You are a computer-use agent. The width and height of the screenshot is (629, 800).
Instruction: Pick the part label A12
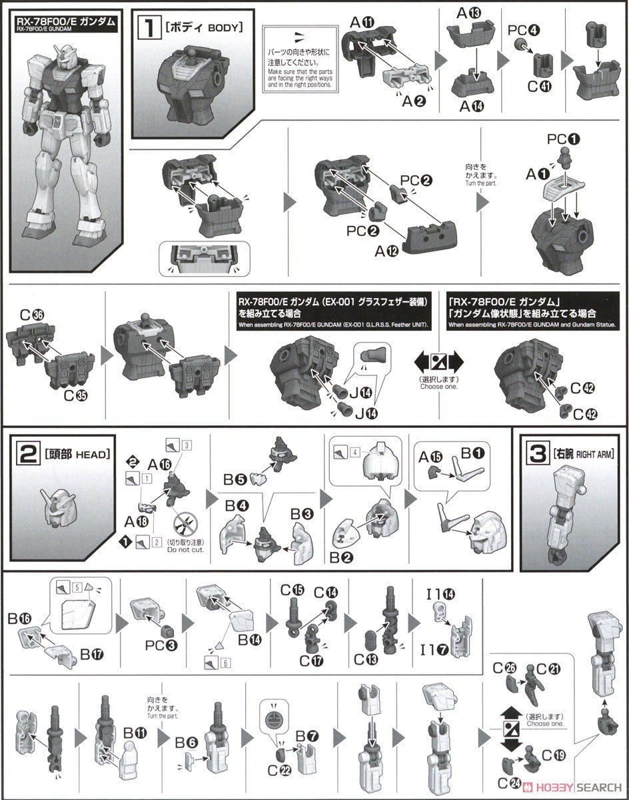386,251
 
